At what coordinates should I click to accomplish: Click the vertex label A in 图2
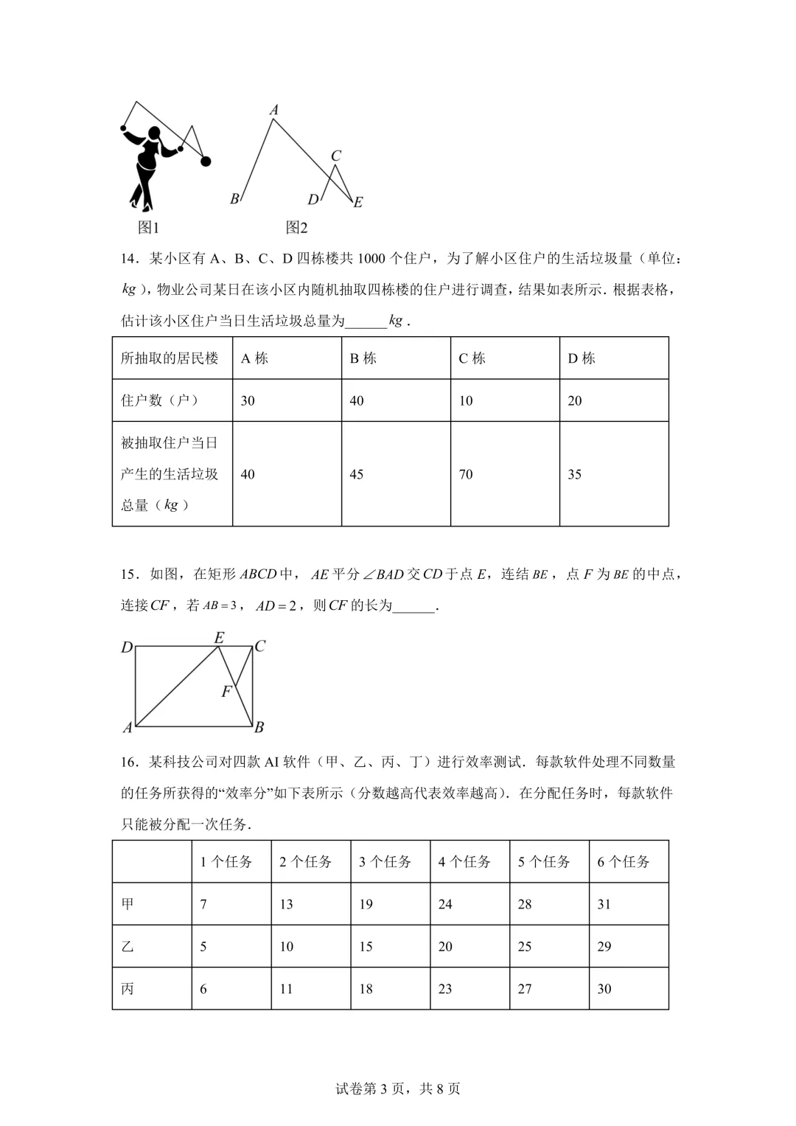pyautogui.click(x=274, y=110)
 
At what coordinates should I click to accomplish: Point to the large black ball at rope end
pyautogui.click(x=206, y=161)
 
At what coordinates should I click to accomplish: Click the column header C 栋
pyautogui.click(x=472, y=358)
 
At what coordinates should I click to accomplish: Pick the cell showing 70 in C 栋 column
pyautogui.click(x=466, y=474)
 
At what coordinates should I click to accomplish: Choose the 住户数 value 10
pyautogui.click(x=466, y=400)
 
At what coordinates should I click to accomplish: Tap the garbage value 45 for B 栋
pyautogui.click(x=357, y=474)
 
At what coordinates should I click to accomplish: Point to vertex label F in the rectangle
pyautogui.click(x=226, y=692)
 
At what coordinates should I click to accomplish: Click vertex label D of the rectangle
pyautogui.click(x=127, y=647)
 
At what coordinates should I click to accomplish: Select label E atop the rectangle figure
pyautogui.click(x=219, y=638)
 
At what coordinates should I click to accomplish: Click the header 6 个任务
pyautogui.click(x=624, y=861)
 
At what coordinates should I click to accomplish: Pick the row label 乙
pyautogui.click(x=128, y=946)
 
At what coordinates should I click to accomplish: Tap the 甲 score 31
pyautogui.click(x=604, y=904)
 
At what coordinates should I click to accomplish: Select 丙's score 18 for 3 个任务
pyautogui.click(x=366, y=989)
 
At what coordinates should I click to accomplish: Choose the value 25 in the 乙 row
pyautogui.click(x=525, y=946)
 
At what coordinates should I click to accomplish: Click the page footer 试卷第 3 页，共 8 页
pyautogui.click(x=398, y=1088)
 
